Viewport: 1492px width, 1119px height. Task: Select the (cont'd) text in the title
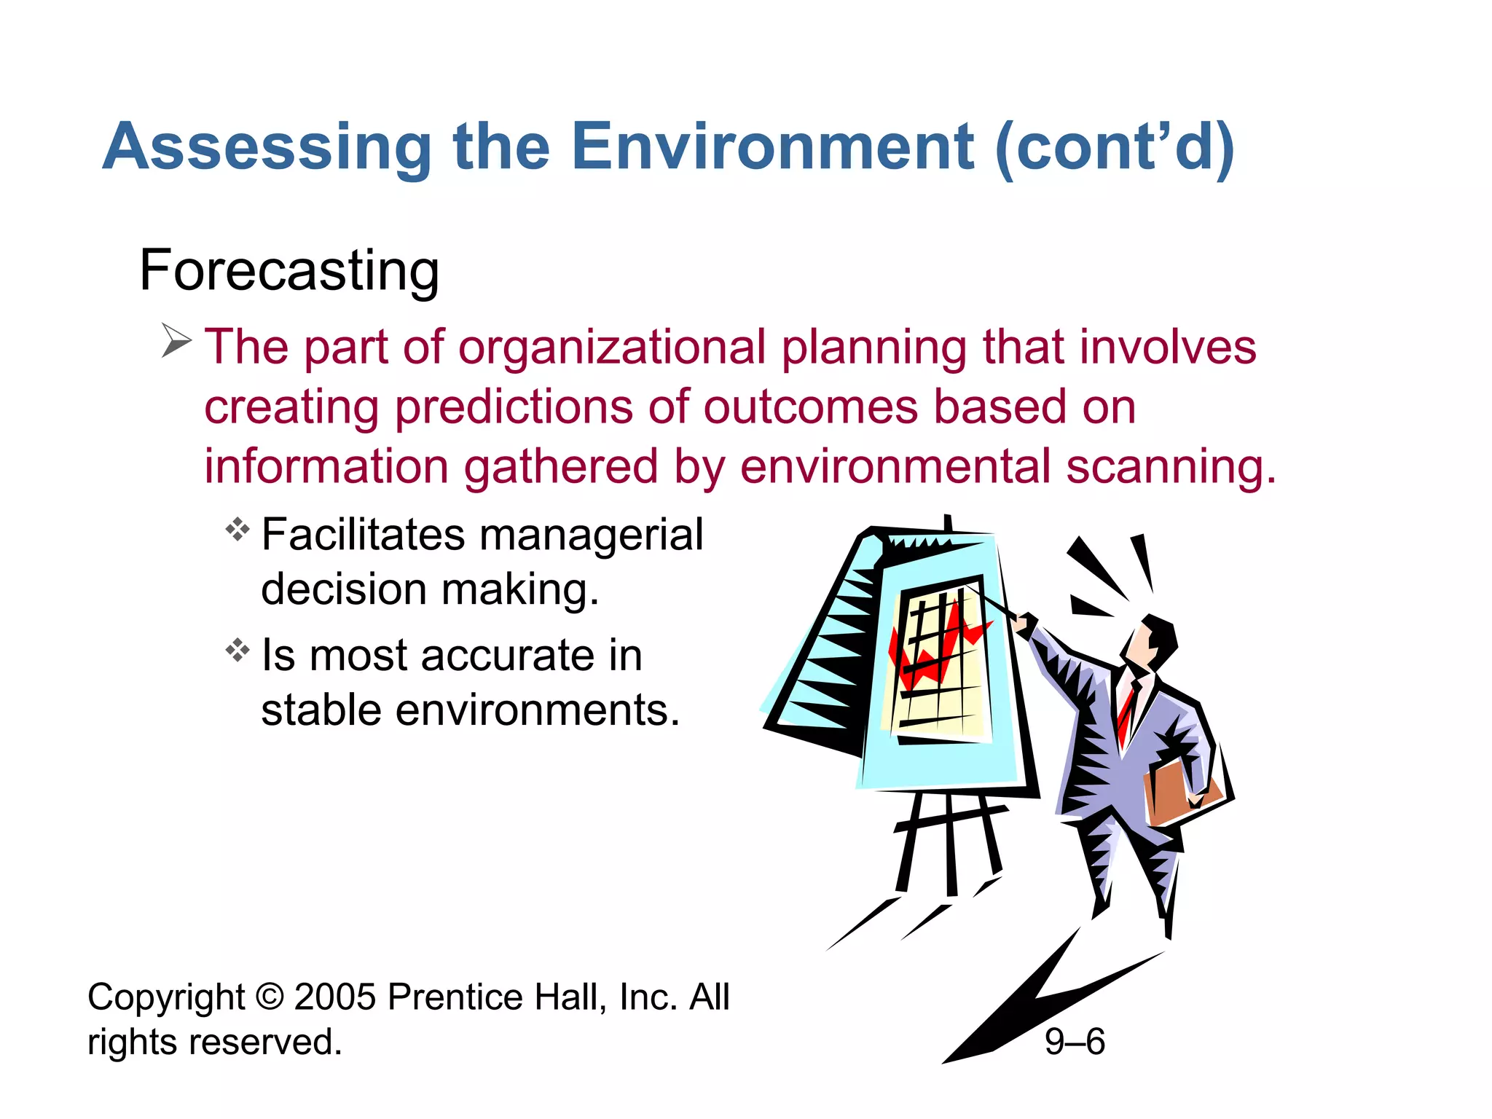[1115, 148]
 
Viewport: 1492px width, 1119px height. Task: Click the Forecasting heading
[289, 270]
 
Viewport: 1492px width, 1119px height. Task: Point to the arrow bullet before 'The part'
[176, 341]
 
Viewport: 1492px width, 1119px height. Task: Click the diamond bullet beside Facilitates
[237, 529]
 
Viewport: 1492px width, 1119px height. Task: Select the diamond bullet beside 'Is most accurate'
[237, 649]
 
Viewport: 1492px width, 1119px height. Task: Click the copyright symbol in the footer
[270, 997]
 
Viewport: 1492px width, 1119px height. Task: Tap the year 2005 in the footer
[335, 997]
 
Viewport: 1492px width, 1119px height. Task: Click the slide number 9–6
[1075, 1042]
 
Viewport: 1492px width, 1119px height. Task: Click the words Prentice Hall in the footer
[495, 997]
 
